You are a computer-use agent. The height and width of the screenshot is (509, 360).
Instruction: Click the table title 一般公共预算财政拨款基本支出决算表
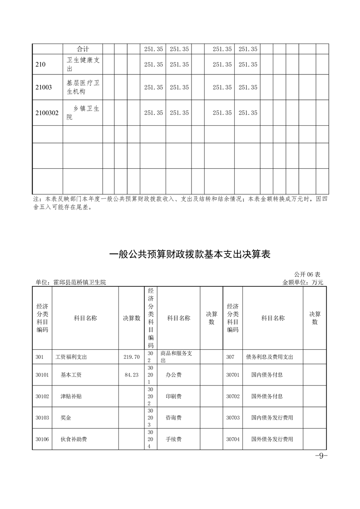(x=190, y=254)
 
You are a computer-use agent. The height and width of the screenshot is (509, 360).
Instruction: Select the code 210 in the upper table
(x=40, y=64)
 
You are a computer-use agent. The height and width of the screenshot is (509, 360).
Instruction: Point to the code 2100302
(x=47, y=113)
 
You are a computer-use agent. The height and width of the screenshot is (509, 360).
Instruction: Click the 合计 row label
(x=83, y=49)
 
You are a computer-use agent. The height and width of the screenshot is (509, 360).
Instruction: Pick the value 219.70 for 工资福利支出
(x=131, y=357)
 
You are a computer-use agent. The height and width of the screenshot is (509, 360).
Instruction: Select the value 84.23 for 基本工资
(x=131, y=375)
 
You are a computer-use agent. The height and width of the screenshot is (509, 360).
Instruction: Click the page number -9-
(x=321, y=456)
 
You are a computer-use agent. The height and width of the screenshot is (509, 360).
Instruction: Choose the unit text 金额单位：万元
(x=302, y=282)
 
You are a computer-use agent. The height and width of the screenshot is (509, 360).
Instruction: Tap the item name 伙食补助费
(x=74, y=440)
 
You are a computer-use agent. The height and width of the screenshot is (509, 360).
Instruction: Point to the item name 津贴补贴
(x=71, y=396)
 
